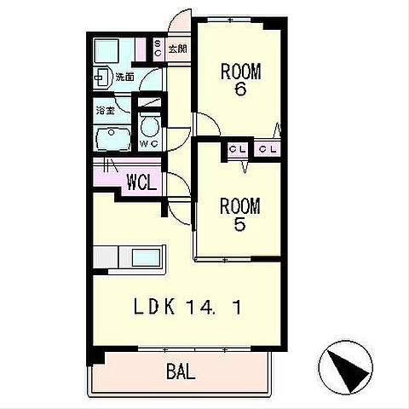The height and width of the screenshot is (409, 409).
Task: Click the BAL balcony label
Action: coord(181,372)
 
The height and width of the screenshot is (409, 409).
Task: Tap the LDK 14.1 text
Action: coord(187,307)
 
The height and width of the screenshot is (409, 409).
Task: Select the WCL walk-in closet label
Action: coord(141,181)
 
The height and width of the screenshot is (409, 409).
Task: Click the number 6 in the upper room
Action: coord(240,89)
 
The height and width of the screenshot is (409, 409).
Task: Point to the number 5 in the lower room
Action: coord(239,224)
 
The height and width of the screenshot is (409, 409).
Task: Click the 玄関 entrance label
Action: coord(178,49)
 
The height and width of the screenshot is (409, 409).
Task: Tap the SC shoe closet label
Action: coord(158,49)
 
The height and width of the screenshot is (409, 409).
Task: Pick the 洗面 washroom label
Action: coord(124,77)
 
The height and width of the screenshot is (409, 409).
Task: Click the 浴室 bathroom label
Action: coord(106,110)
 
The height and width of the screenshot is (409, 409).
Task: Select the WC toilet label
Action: coord(149,144)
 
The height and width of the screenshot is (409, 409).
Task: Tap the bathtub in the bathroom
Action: coord(113,139)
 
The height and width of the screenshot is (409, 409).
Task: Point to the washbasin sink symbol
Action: coord(102,77)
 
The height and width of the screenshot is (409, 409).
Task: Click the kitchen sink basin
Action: coord(146,257)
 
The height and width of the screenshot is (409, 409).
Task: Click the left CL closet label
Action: coord(238,149)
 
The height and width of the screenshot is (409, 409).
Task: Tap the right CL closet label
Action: coord(268,149)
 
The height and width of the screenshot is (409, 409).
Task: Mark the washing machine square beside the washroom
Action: coord(107,51)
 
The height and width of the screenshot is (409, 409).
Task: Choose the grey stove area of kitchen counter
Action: coord(106,257)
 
